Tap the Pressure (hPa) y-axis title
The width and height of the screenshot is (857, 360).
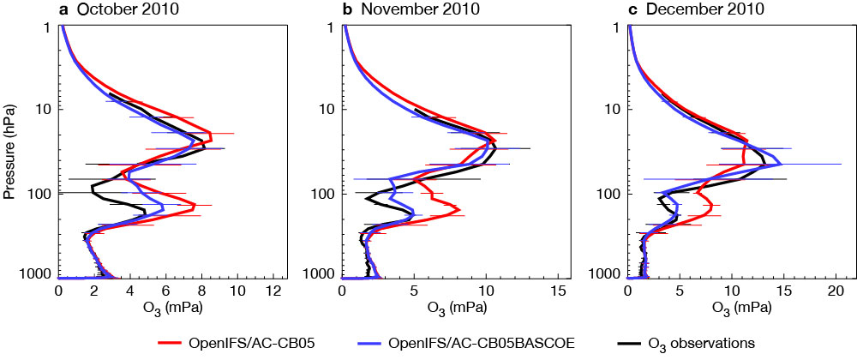pos(9,151)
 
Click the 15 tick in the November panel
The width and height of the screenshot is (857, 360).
pos(557,291)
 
